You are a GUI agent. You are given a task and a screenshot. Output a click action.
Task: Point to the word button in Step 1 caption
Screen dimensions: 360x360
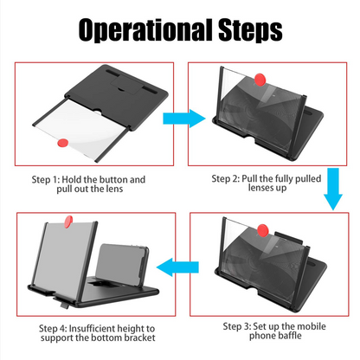pos(127,179)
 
